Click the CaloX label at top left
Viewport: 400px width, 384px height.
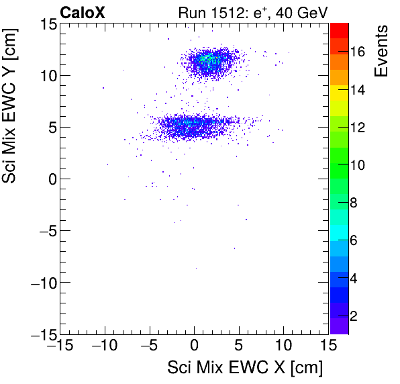click(x=83, y=12)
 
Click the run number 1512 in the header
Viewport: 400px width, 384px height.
click(x=229, y=12)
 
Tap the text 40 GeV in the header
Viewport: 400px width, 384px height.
click(x=305, y=12)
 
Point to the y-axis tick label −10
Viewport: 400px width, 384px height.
click(x=40, y=283)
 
